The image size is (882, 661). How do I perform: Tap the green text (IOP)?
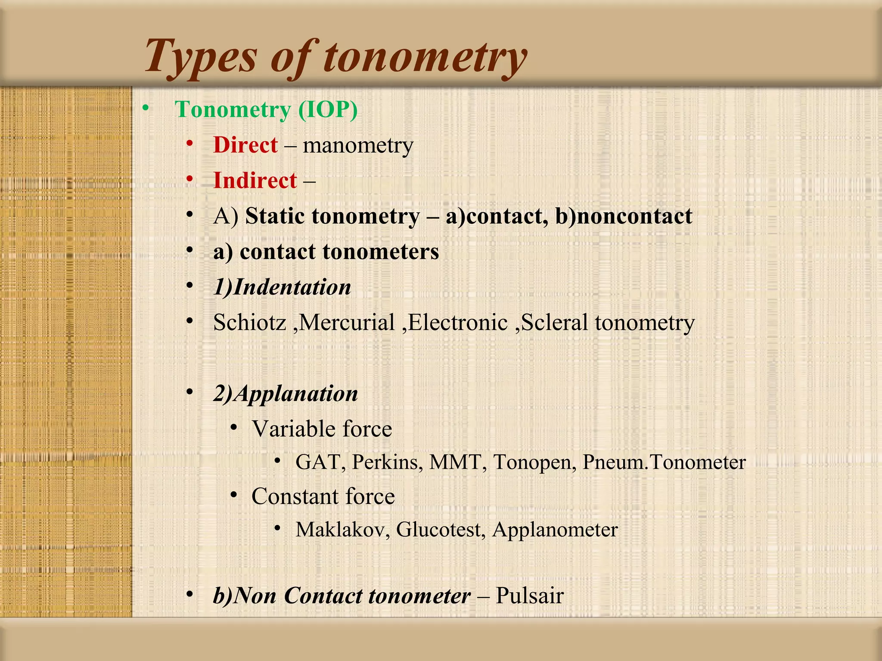(328, 109)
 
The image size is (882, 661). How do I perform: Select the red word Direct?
(245, 145)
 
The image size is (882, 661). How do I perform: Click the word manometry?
(358, 145)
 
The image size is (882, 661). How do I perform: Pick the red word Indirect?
(255, 180)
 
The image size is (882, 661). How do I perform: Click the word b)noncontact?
(623, 216)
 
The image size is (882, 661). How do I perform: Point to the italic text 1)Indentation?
(282, 287)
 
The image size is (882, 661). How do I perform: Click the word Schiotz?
(250, 322)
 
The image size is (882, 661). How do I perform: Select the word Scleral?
(554, 322)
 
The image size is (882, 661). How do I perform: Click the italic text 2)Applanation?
(286, 393)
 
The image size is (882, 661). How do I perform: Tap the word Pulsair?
(529, 596)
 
